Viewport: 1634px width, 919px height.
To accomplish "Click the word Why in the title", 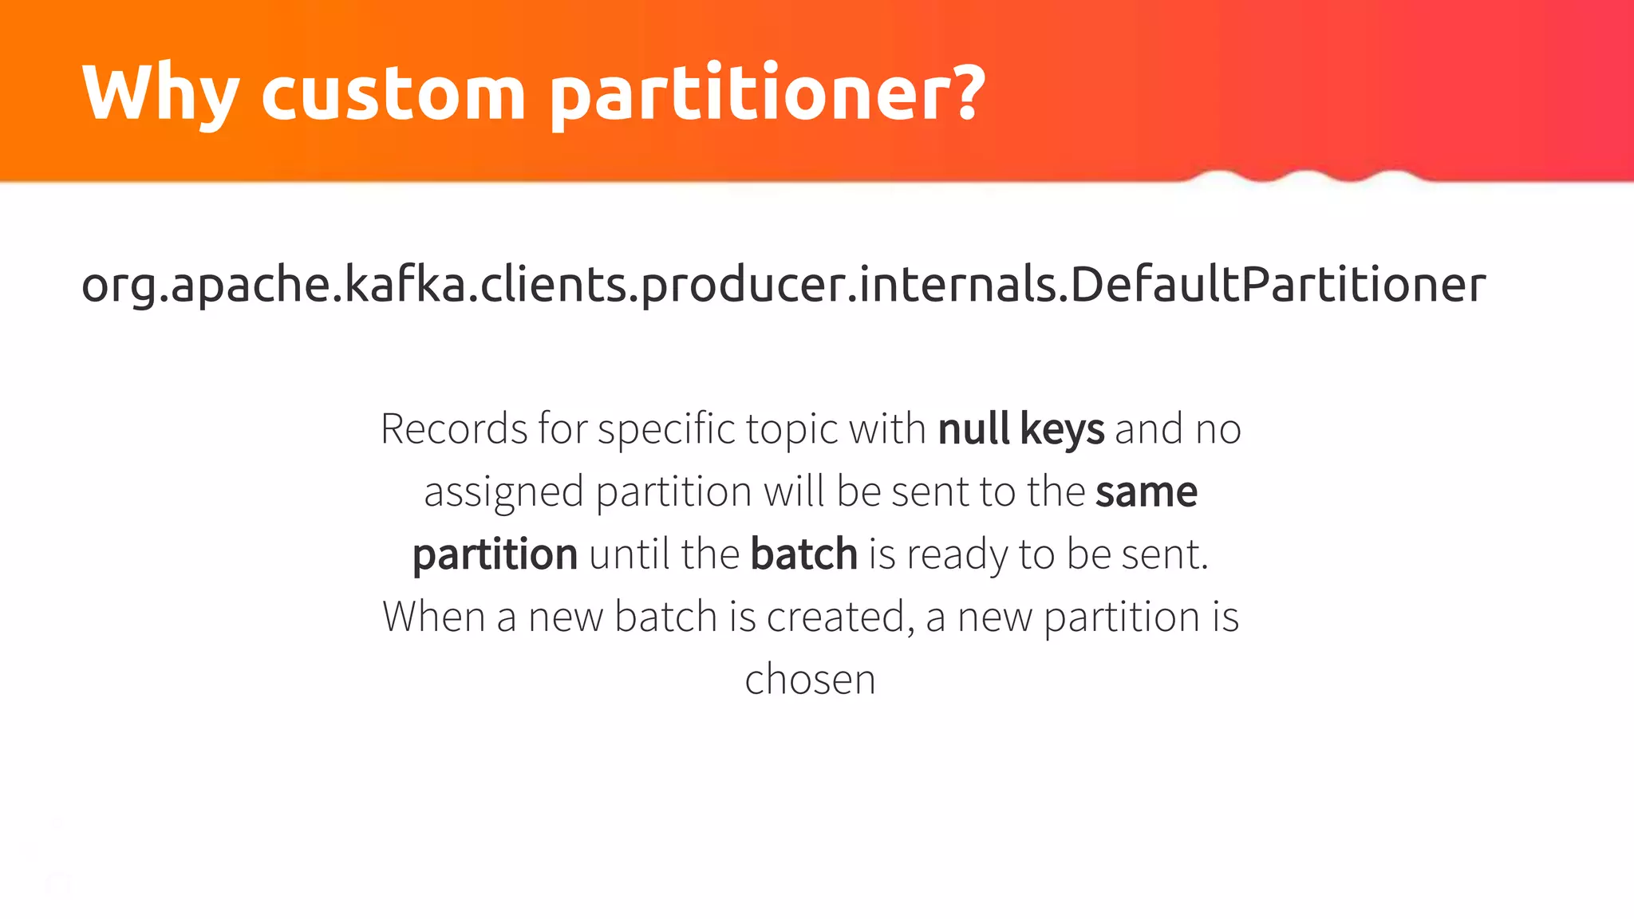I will click(160, 94).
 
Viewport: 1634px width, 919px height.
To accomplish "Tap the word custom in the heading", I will click(393, 94).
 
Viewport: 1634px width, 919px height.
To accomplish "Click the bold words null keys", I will click(1021, 429).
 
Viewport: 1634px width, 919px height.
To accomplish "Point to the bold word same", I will click(1147, 491).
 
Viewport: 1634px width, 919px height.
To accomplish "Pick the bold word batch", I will click(803, 554).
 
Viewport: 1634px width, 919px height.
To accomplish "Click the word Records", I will click(453, 429).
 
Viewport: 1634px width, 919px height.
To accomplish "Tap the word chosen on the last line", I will click(810, 680).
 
